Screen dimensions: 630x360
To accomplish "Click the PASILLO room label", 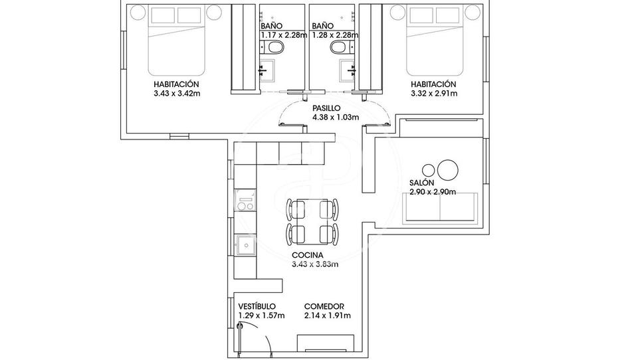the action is point(327,108).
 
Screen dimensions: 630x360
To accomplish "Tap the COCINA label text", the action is point(308,255).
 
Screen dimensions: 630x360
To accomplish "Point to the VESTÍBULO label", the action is point(257,307).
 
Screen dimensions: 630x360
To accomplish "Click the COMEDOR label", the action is point(324,307).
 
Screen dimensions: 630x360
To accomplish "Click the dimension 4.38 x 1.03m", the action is point(336,118).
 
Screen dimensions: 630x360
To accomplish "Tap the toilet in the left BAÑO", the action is point(276,48).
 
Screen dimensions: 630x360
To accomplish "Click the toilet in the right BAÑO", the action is point(339,48).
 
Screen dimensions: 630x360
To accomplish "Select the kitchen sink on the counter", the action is point(245,245).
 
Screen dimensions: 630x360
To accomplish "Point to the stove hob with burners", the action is point(245,200).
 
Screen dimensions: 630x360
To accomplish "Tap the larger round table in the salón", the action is point(448,170).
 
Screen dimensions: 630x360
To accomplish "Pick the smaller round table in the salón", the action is point(429,170).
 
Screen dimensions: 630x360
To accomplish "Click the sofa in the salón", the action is point(440,207).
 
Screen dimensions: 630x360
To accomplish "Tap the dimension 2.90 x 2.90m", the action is point(433,192).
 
